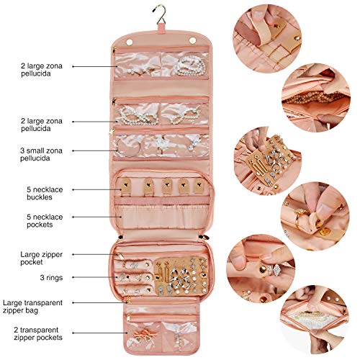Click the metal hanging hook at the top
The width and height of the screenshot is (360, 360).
(x=160, y=15)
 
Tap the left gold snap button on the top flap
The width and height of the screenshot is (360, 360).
(x=130, y=42)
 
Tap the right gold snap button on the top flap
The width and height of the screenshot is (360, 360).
(x=193, y=40)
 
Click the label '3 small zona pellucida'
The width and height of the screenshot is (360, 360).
(x=41, y=154)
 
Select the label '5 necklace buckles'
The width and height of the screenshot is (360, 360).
(x=45, y=193)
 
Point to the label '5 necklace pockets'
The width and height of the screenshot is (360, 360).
(x=45, y=220)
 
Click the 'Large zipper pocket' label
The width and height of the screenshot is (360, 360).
(x=41, y=258)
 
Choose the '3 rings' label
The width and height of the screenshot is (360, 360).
(x=51, y=277)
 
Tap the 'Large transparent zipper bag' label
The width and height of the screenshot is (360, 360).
(x=32, y=307)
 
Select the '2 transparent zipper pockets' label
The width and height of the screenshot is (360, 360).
(x=38, y=333)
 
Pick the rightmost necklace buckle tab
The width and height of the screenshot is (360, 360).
(x=199, y=186)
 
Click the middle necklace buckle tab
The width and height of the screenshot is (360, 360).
(x=166, y=186)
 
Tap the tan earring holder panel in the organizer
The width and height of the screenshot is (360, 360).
(x=181, y=276)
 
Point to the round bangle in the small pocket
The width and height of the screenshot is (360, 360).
(x=127, y=148)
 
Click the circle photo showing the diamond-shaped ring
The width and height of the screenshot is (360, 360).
(x=261, y=269)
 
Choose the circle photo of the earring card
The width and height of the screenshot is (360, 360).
(x=268, y=161)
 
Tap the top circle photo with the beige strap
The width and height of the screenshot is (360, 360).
(x=267, y=39)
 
